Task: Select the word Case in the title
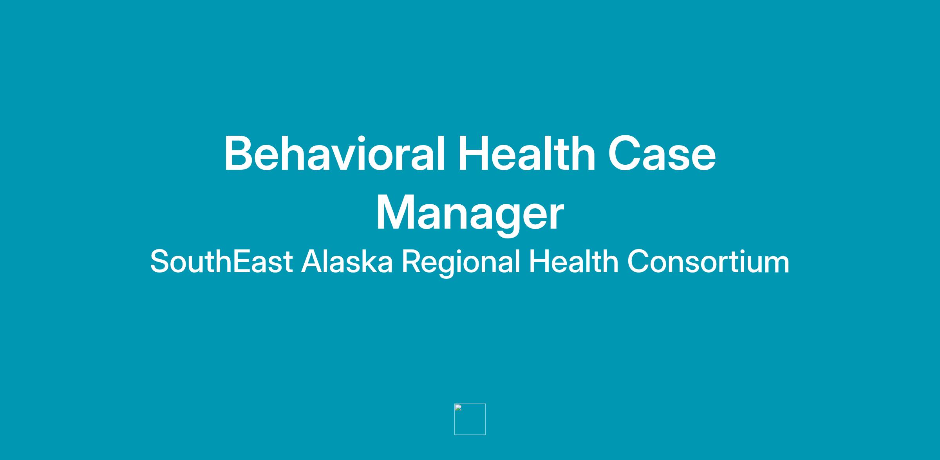pyautogui.click(x=662, y=154)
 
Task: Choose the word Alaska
pyautogui.click(x=347, y=261)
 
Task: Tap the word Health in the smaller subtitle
pyautogui.click(x=574, y=261)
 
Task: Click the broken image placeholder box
pyautogui.click(x=470, y=419)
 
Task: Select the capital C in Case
pyautogui.click(x=624, y=154)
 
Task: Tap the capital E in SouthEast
pyautogui.click(x=242, y=261)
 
